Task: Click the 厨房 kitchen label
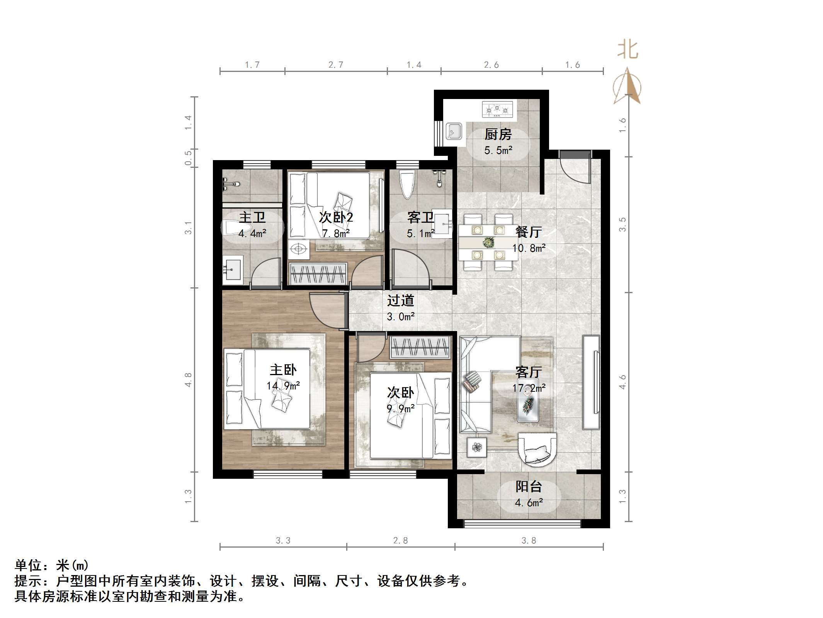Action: pos(498,135)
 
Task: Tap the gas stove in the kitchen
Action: pos(498,109)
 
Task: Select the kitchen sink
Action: pos(454,131)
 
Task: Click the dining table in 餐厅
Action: pos(488,242)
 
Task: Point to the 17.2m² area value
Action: pos(529,388)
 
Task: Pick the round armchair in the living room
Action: pos(537,448)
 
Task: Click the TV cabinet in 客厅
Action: pos(591,382)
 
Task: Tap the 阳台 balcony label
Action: pos(529,487)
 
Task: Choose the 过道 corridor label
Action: pos(400,300)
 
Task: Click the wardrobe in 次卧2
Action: pos(318,274)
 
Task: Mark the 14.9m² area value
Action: pos(283,386)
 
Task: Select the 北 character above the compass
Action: pos(627,50)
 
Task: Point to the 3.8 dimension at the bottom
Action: pos(529,541)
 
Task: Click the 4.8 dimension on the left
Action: pos(188,380)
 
